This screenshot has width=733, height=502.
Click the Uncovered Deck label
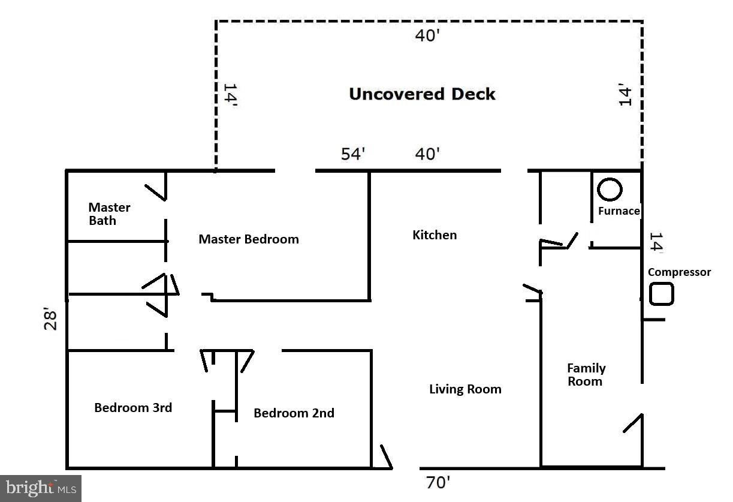point(422,94)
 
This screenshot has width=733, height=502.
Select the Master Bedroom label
point(248,239)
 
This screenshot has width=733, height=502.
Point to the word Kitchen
point(435,235)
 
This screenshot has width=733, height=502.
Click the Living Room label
point(465,389)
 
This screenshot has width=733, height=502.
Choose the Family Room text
point(586,375)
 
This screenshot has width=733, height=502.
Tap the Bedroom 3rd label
point(133,408)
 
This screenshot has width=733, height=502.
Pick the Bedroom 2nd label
point(294,413)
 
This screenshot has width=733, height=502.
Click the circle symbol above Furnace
point(610,189)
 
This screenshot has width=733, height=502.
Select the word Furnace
point(619,211)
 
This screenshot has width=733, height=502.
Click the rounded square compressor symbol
point(662,294)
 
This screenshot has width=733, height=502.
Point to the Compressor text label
point(679,272)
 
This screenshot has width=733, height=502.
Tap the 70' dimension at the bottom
point(438,483)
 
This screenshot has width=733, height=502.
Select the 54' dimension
point(353,154)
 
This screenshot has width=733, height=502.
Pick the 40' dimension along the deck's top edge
point(428,35)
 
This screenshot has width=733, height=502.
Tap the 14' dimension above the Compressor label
point(656,243)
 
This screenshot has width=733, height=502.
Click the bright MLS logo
point(41,488)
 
